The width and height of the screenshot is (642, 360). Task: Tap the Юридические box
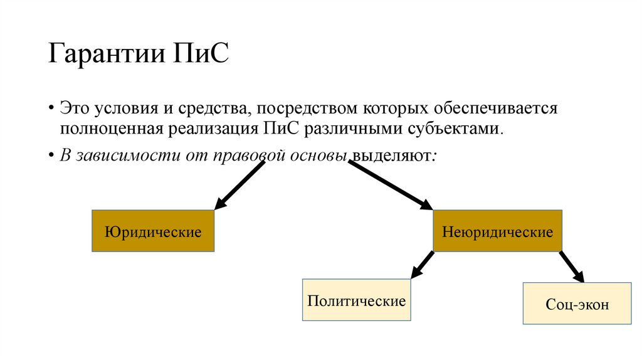click(154, 231)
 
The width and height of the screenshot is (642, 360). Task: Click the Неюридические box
click(497, 231)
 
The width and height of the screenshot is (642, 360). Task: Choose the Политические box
click(356, 300)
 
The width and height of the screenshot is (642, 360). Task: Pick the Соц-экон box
click(577, 304)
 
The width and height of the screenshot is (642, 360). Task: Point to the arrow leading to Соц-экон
click(572, 267)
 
